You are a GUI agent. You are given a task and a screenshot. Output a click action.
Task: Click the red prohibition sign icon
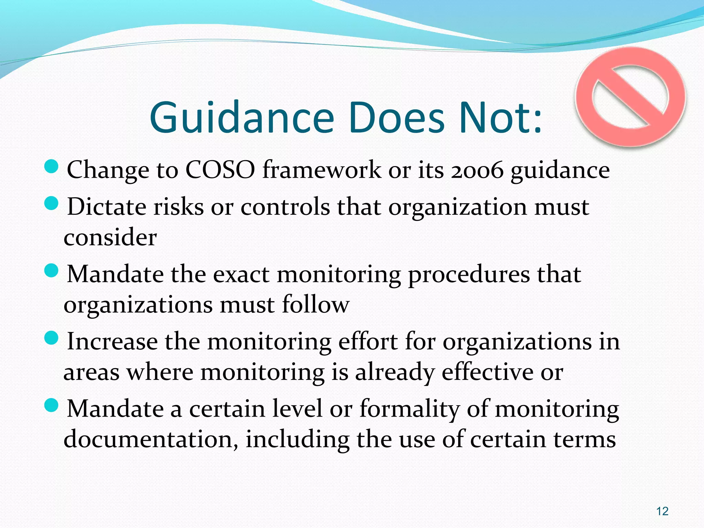[631, 97]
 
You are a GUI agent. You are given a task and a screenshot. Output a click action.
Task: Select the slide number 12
[662, 511]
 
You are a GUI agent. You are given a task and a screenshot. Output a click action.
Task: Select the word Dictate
[106, 207]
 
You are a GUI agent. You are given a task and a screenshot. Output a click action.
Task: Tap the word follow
[315, 305]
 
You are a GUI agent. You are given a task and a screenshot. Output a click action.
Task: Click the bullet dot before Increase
[52, 338]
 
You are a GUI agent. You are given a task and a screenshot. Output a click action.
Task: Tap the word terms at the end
[584, 439]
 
